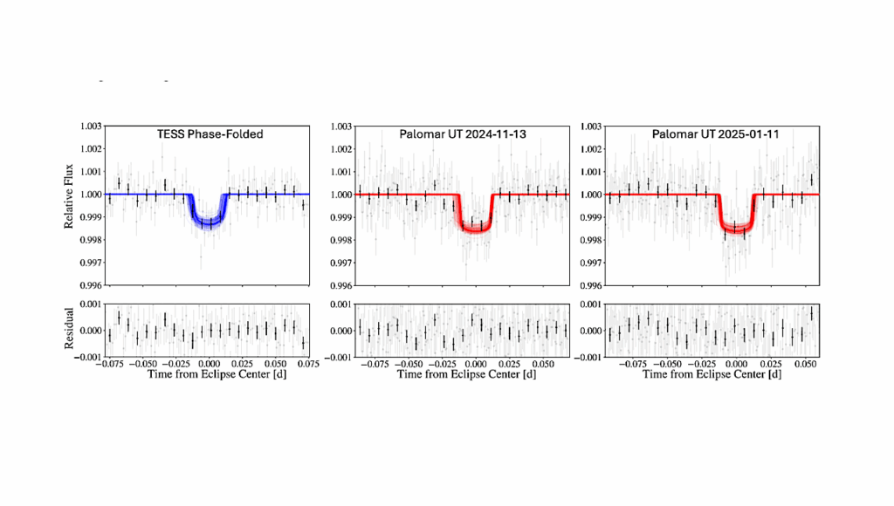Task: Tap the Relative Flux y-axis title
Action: tap(69, 205)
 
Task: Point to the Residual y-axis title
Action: tap(69, 331)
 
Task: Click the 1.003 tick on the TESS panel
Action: tap(89, 126)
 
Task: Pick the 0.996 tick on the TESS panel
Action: tap(89, 285)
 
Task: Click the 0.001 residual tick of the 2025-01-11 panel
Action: tap(589, 304)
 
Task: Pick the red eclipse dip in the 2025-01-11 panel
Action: tap(737, 229)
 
